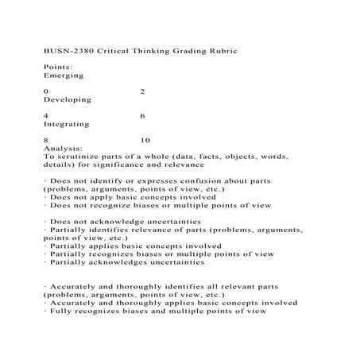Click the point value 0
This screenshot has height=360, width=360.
point(46,91)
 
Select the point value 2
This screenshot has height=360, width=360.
point(141,91)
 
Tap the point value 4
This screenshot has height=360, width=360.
point(46,116)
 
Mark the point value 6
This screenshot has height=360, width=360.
point(141,116)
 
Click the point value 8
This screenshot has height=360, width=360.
point(46,141)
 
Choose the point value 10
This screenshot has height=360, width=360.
point(145,141)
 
